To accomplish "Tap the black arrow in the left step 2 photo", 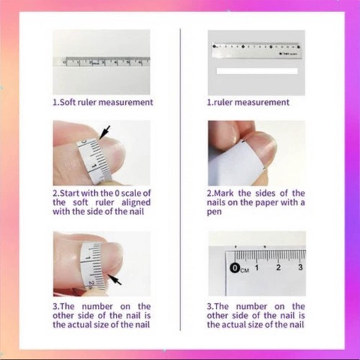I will [x=105, y=132].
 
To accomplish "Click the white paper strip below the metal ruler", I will [x=256, y=73].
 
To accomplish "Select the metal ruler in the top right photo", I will [x=256, y=50].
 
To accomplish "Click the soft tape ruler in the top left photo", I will [x=101, y=62].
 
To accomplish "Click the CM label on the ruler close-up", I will [x=245, y=270].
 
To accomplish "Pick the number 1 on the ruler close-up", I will [x=257, y=268].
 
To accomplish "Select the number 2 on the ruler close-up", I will [x=279, y=268].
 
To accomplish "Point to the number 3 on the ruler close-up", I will [x=300, y=268].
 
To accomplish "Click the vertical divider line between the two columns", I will [x=179, y=180].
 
